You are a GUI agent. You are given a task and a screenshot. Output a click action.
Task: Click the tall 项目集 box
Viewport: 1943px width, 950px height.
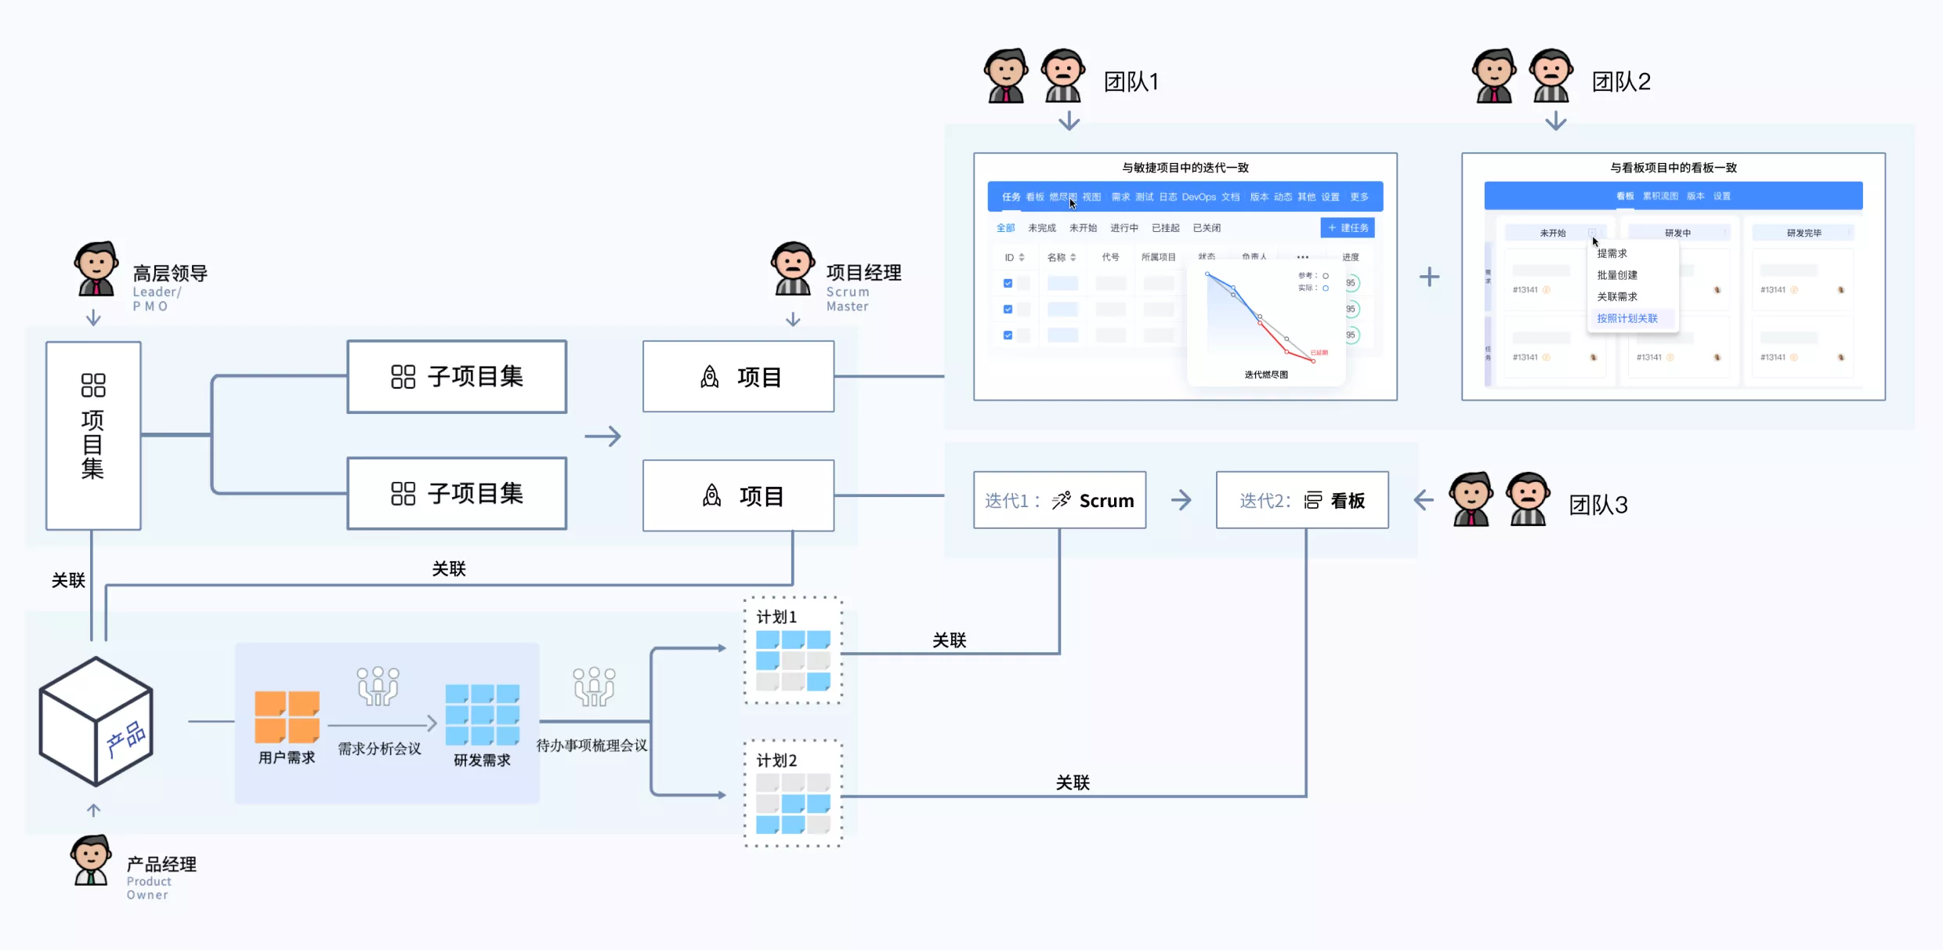click(x=93, y=435)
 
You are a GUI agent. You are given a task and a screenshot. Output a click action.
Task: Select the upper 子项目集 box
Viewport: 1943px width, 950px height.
click(x=457, y=376)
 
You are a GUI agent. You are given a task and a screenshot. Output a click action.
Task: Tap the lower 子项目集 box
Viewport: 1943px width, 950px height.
click(x=457, y=493)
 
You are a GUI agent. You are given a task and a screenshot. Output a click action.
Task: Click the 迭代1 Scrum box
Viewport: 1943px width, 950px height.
click(x=1059, y=500)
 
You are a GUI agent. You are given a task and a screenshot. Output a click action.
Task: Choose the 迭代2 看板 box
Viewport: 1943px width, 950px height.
click(x=1302, y=500)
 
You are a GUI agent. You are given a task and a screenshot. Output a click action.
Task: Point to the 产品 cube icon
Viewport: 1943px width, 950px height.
click(x=96, y=721)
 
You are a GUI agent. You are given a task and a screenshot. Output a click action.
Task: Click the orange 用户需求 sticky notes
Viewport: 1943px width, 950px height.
click(x=287, y=716)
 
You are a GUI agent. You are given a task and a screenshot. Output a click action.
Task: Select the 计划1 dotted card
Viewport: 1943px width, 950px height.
click(x=793, y=651)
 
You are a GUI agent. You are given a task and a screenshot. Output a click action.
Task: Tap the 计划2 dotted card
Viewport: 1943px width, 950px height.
click(x=793, y=793)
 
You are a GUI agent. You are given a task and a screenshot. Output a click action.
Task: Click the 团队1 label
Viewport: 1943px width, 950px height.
click(x=1131, y=82)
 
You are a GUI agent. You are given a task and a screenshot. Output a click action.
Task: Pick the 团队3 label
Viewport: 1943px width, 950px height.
click(x=1598, y=505)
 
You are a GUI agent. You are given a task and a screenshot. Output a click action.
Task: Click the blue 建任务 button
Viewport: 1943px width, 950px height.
click(x=1348, y=228)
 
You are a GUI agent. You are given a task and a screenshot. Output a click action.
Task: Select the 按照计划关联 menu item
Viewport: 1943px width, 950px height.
click(x=1627, y=318)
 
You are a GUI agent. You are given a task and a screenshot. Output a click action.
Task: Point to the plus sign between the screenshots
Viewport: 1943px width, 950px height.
click(x=1429, y=277)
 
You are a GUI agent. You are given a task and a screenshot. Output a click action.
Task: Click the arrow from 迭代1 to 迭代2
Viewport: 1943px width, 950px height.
click(x=1181, y=500)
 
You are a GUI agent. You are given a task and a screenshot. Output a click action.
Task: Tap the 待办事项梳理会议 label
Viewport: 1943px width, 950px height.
click(x=592, y=745)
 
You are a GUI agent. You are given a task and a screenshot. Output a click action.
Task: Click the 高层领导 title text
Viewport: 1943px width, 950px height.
click(x=170, y=274)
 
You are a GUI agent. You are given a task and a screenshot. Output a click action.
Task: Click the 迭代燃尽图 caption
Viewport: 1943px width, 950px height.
click(x=1266, y=375)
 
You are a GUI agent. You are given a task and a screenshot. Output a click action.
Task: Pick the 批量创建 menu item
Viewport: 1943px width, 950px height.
click(x=1617, y=275)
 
